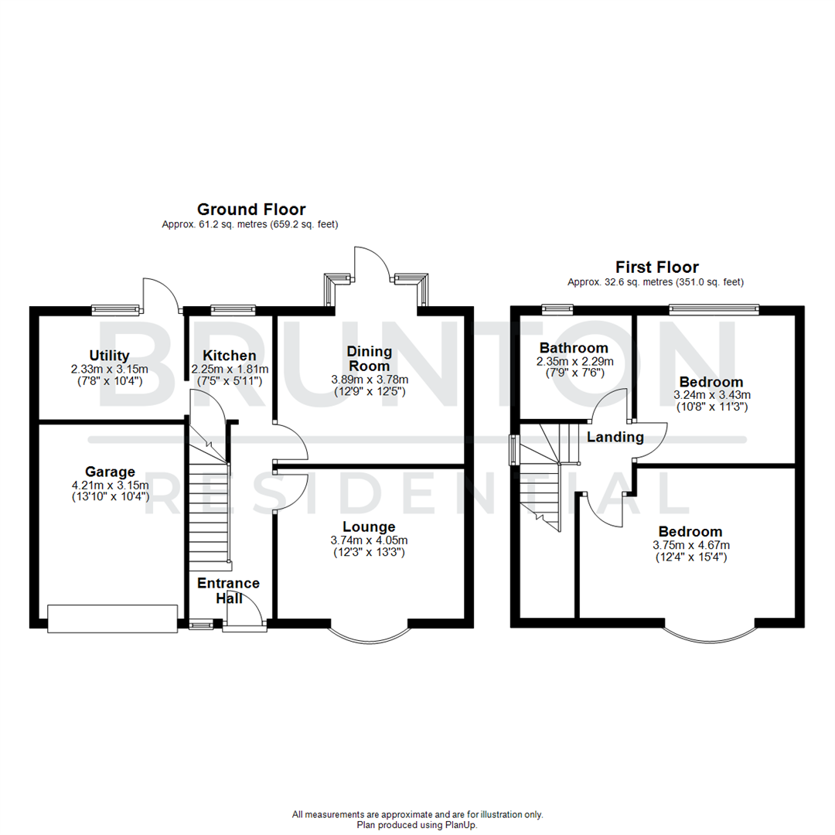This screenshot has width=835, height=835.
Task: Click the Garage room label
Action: pyautogui.click(x=110, y=472)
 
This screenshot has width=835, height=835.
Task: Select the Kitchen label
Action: pyautogui.click(x=230, y=355)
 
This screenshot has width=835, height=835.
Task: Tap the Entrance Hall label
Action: pyautogui.click(x=228, y=590)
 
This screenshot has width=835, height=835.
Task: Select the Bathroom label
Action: pyautogui.click(x=574, y=347)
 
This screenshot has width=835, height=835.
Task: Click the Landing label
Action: pyautogui.click(x=615, y=438)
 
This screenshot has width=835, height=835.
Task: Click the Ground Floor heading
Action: pyautogui.click(x=250, y=209)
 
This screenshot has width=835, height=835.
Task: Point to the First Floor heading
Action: pyautogui.click(x=656, y=268)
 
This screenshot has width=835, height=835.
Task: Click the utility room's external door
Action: pyautogui.click(x=161, y=294)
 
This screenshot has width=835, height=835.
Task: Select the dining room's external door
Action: pyautogui.click(x=376, y=267)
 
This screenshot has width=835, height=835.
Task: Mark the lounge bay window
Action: pyautogui.click(x=369, y=632)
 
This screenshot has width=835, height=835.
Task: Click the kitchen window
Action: pyautogui.click(x=233, y=309)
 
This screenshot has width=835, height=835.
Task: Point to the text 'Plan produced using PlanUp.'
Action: pyautogui.click(x=417, y=825)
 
